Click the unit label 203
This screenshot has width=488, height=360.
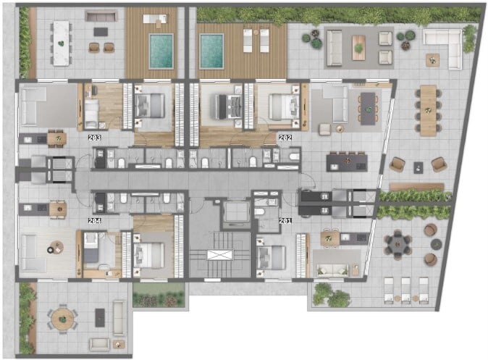(94, 138)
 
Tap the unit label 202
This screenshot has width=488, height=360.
(285, 138)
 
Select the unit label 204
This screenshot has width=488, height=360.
(94, 221)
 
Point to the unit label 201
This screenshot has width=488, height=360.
(285, 221)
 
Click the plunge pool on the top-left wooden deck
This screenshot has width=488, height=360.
(161, 51)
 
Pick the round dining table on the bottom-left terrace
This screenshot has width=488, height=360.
(63, 319)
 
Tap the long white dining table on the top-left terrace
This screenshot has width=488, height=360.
(62, 43)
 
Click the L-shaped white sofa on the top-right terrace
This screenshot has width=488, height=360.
(444, 46)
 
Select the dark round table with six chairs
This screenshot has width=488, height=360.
(397, 244)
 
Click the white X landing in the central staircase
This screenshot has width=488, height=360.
(219, 255)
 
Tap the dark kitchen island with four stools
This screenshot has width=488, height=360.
(347, 162)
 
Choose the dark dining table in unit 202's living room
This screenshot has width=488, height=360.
(368, 109)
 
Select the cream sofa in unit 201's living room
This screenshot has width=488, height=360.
(333, 270)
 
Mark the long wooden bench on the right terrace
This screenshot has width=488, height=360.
(417, 187)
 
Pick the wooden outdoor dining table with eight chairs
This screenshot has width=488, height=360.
(428, 111)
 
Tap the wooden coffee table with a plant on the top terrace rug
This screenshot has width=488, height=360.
(359, 48)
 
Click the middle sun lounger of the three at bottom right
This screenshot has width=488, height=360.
(405, 290)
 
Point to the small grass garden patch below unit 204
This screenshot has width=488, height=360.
(159, 296)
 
